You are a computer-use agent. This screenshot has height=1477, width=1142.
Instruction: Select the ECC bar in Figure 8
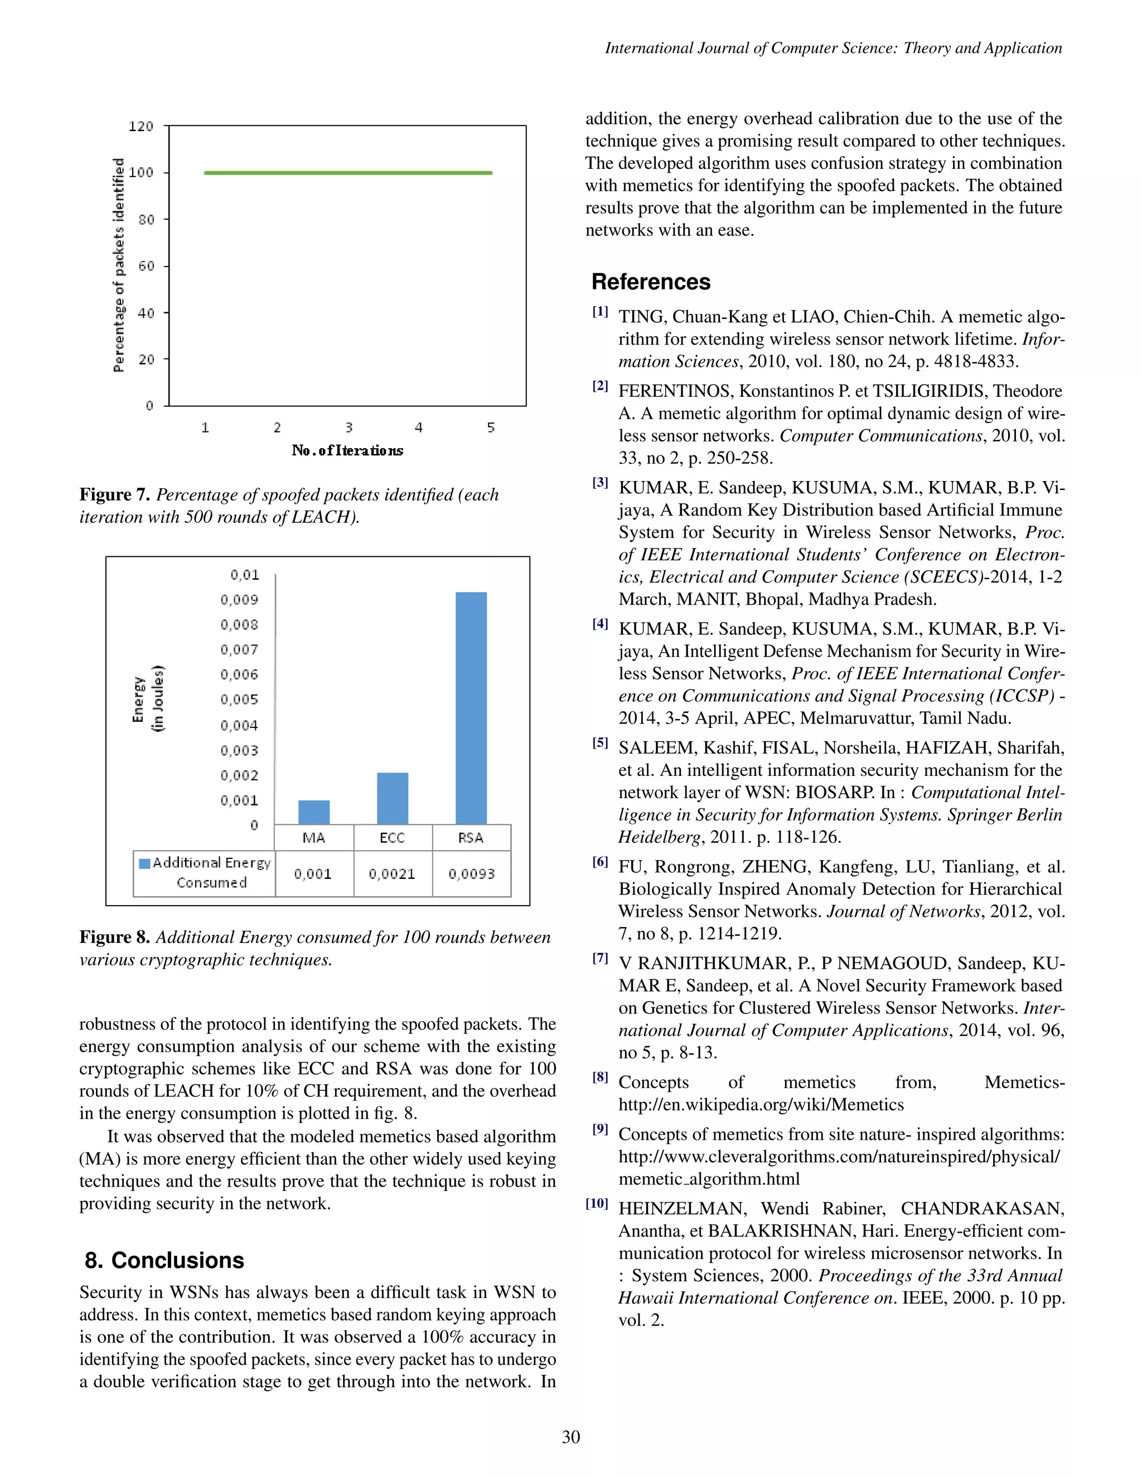pyautogui.click(x=393, y=798)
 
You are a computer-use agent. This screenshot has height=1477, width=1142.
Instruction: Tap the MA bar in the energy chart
pyautogui.click(x=314, y=812)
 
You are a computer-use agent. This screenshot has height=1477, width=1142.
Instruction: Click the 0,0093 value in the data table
pyautogui.click(x=472, y=874)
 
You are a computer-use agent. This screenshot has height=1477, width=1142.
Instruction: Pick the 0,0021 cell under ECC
pyautogui.click(x=393, y=874)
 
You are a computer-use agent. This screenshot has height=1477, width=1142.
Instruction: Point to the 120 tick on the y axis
pyautogui.click(x=141, y=127)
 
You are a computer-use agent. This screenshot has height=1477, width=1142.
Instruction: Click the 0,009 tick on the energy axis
pyautogui.click(x=239, y=599)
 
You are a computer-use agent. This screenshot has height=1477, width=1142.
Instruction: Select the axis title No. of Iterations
pyautogui.click(x=347, y=450)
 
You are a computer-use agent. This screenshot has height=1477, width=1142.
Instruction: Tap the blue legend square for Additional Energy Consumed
pyautogui.click(x=144, y=863)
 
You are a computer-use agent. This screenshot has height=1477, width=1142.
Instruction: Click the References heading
pyautogui.click(x=651, y=281)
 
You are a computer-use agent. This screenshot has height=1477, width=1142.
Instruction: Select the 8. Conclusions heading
pyautogui.click(x=164, y=1260)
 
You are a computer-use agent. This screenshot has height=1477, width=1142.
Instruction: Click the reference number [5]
pyautogui.click(x=600, y=742)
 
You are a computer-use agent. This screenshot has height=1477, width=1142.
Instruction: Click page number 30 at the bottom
pyautogui.click(x=570, y=1436)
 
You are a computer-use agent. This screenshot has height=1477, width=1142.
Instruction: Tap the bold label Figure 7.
pyautogui.click(x=114, y=494)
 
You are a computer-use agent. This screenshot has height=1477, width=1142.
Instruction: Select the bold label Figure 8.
pyautogui.click(x=114, y=937)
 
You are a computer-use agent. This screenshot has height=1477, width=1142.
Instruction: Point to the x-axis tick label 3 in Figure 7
pyautogui.click(x=349, y=427)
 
